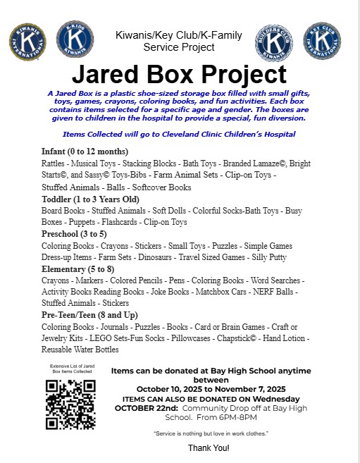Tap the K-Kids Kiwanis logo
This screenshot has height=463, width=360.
[x=74, y=38]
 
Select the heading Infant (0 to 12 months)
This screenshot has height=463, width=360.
[x=85, y=152]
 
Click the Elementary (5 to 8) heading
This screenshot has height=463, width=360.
[x=77, y=268]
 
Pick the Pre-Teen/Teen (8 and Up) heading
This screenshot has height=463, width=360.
[x=89, y=315]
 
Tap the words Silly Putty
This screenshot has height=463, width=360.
[x=268, y=257]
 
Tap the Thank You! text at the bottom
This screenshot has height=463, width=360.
[x=209, y=447]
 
